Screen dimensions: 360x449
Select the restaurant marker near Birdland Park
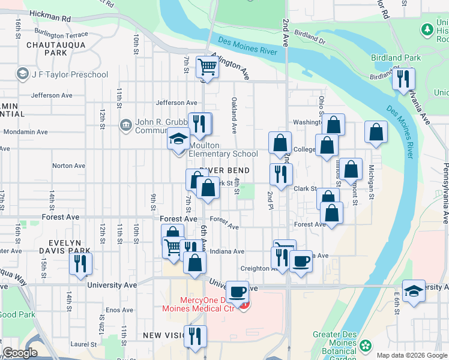[403, 79]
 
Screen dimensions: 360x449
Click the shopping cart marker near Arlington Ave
[207, 67]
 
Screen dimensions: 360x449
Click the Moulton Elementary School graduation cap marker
[178, 139]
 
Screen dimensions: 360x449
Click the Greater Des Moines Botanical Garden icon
[365, 346]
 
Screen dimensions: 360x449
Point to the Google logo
[20, 353]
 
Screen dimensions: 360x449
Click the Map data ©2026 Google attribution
[411, 355]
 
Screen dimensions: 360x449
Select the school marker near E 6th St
[414, 291]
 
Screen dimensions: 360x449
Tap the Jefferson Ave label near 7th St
[176, 103]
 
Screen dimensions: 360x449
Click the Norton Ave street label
[68, 166]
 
